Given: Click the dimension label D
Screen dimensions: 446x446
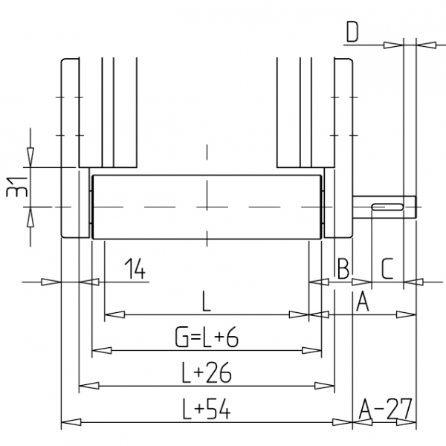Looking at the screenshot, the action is [352, 31].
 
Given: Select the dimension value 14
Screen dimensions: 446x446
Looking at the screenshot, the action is [135, 268].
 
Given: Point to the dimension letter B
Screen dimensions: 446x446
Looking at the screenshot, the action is [343, 268].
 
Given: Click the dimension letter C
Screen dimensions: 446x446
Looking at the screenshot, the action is [387, 268].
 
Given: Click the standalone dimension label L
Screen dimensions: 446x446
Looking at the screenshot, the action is [206, 302].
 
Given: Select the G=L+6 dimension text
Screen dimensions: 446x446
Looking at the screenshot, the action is [207, 337].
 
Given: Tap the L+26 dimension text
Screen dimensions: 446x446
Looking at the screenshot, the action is [207, 373].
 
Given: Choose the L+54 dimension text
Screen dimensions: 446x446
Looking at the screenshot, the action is [206, 410].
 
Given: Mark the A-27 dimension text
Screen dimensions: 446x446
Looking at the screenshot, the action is [385, 409].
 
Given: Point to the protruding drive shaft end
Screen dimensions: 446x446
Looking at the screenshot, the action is [384, 207].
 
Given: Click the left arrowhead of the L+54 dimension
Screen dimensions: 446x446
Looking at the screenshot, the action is [71, 422].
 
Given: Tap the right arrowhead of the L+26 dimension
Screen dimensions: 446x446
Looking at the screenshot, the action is [325, 386].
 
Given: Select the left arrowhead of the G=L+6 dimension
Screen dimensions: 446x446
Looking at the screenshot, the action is [102, 350].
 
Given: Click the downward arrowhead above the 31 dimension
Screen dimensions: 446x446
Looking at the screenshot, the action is [30, 158].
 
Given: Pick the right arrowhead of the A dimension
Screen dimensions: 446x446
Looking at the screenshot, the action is [406, 314].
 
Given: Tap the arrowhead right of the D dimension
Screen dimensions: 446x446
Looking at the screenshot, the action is [426, 45].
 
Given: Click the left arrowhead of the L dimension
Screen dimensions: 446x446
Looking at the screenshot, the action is [114, 314].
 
